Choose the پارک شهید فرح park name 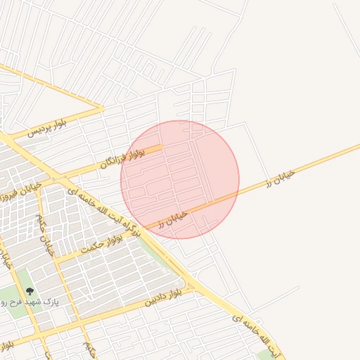(x=60, y=300)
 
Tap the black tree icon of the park (x=29, y=291)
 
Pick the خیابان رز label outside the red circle (x=280, y=176)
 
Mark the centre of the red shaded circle (x=180, y=179)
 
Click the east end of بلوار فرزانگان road (x=162, y=147)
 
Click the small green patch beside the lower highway (x=265, y=354)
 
